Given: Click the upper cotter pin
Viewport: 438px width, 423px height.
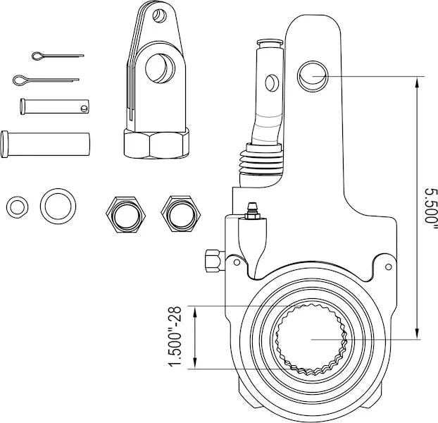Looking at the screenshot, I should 56,55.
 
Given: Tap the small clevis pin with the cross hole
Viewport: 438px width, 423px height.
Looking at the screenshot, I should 55,106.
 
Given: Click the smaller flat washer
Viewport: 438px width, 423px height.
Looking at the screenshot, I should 18,207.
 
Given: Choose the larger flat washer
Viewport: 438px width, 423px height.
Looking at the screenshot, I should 58,206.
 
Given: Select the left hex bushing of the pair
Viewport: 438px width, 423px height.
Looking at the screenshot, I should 123,211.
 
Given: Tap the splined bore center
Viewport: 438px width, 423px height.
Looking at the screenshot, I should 310,338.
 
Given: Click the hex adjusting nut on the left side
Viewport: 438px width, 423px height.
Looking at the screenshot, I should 211,260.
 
